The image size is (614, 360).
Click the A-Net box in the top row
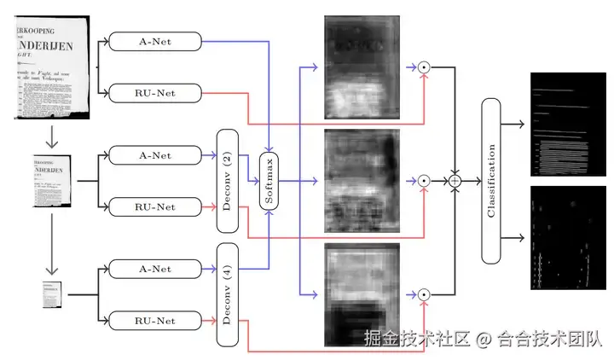coord(155,41)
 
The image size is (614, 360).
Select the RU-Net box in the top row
coord(155,92)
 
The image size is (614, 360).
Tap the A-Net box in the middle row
coord(155,154)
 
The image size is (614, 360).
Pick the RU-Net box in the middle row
coord(155,206)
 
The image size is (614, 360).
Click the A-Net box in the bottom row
coord(155,270)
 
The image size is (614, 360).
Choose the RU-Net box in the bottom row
coord(155,321)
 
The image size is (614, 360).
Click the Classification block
coord(492,181)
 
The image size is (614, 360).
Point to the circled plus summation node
coord(455,181)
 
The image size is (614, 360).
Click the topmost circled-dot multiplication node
coord(423,67)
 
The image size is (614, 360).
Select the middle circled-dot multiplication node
coord(423,181)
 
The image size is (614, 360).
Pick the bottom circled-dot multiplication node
coord(423,295)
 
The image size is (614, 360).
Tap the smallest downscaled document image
coord(53,295)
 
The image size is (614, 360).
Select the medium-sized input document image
coord(53,181)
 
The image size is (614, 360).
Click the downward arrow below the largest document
coord(53,136)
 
